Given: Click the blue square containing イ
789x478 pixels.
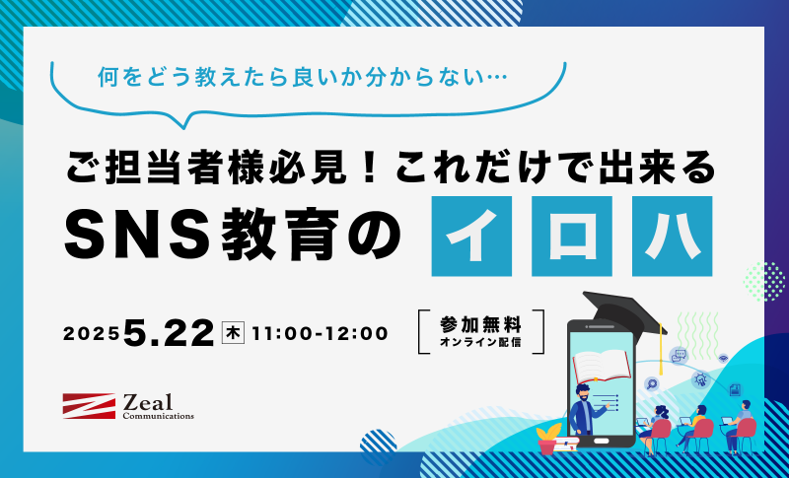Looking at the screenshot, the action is click(471, 237).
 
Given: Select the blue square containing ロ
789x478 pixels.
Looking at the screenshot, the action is click(572, 237).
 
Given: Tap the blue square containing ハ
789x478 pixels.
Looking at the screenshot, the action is click(673, 237).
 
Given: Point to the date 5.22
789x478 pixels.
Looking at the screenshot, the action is click(169, 334).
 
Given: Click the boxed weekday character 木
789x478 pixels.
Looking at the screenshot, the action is click(233, 334).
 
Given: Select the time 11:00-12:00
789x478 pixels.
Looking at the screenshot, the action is click(320, 334).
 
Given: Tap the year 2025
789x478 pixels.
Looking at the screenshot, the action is click(92, 334).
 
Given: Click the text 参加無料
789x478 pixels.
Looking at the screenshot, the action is click(480, 325).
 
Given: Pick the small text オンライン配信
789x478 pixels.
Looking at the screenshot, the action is click(480, 343).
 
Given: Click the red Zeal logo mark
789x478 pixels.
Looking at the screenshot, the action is click(89, 406).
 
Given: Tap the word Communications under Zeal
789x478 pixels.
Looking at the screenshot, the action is click(158, 416).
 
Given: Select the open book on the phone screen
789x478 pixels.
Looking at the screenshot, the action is click(602, 365).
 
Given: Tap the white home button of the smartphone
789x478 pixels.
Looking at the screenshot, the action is click(601, 442).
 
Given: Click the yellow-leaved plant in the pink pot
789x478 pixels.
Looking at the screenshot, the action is click(548, 439).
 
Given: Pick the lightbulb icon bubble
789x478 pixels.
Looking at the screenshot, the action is click(699, 379).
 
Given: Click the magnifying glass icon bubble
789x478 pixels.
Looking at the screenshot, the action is click(652, 384).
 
